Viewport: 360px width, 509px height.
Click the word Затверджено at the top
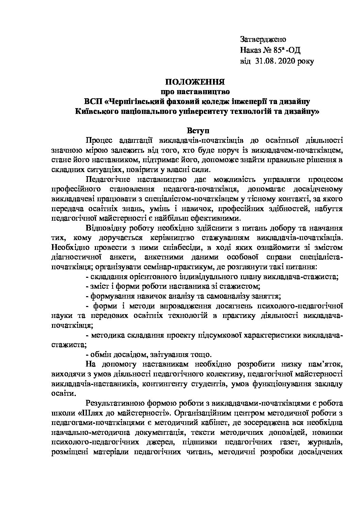pos(263,39)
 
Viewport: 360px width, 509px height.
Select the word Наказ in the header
pos(250,51)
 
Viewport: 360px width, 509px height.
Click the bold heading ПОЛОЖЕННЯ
pos(195,82)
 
